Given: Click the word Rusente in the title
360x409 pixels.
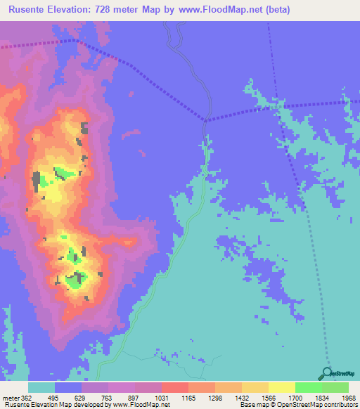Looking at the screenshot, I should (29, 9).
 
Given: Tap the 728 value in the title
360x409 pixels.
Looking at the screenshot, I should (108, 9).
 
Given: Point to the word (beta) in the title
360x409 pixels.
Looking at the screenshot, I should (272, 9).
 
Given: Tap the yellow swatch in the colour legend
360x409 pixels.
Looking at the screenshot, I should (281, 387).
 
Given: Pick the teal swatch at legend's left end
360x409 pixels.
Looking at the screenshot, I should (41, 387).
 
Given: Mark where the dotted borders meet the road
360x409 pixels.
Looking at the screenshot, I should (206, 120).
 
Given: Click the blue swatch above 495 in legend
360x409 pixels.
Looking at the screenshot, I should (68, 387).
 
